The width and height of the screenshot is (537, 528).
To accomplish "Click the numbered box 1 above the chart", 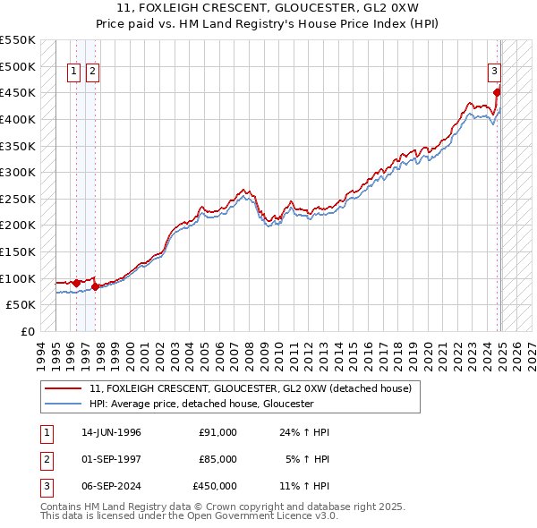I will (75, 72).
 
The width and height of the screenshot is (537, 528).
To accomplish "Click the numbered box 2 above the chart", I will (93, 72).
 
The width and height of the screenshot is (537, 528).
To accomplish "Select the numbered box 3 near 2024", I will (493, 72).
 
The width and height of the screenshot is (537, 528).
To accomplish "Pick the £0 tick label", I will (27, 331).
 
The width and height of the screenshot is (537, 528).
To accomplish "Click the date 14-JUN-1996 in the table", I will (111, 432).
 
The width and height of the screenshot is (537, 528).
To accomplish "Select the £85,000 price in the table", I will (217, 459).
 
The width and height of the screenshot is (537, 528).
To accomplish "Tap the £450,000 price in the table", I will (215, 486).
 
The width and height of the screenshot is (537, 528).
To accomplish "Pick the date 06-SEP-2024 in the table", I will (111, 486).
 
